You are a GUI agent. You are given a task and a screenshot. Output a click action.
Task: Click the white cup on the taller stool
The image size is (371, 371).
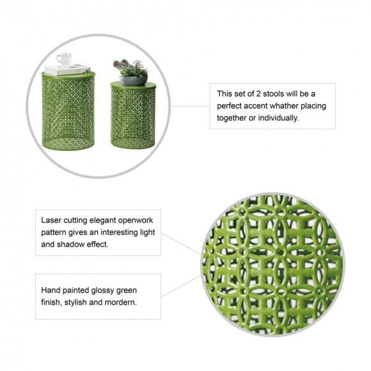[65, 59]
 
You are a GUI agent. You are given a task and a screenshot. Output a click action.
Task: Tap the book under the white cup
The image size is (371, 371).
[67, 69]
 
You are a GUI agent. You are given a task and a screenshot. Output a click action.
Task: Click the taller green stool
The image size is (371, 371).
[68, 112]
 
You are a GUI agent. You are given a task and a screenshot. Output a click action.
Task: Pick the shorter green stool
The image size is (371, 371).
[133, 115]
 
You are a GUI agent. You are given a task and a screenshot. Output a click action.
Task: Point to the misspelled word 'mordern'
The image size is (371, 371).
[122, 302]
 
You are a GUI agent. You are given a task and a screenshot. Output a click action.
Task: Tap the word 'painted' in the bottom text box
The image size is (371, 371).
[82, 289]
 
